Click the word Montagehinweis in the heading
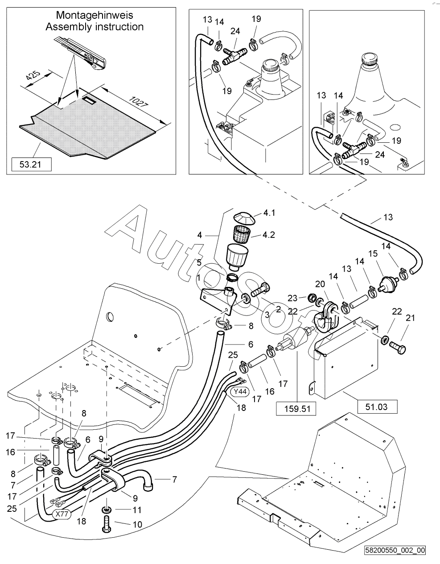click(x=95, y=16)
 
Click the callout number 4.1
click(x=269, y=213)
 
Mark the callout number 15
click(x=372, y=253)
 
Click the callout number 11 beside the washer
click(x=137, y=509)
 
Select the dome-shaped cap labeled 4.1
click(x=244, y=217)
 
